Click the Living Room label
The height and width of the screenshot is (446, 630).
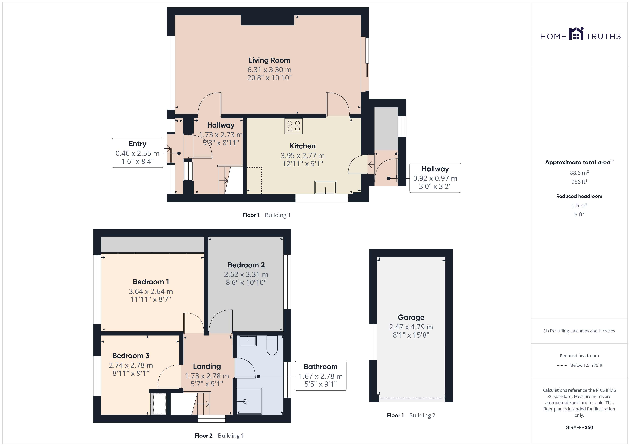(269, 60)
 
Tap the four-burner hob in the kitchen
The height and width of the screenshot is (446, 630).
(293, 126)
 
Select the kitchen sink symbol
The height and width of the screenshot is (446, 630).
(325, 187)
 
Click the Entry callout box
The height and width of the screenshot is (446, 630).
(137, 153)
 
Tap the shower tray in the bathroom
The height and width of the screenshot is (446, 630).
(249, 401)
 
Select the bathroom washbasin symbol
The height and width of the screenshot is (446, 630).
(248, 341)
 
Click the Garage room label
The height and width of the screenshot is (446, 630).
(411, 318)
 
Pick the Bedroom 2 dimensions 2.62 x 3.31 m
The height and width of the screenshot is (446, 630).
(246, 274)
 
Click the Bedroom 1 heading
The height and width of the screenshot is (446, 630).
(151, 282)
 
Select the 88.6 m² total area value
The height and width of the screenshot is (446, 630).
(579, 173)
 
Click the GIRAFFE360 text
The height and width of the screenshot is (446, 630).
(579, 427)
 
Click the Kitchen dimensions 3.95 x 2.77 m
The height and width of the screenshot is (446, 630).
(302, 156)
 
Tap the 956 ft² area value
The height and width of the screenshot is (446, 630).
(579, 182)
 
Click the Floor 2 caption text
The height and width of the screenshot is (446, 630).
(203, 436)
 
